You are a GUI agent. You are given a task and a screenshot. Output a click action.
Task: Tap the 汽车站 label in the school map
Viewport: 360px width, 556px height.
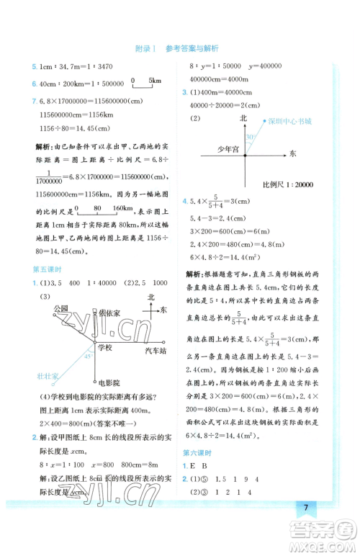(x=156, y=350)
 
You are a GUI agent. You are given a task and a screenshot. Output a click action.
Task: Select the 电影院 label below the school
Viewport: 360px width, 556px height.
(x=109, y=382)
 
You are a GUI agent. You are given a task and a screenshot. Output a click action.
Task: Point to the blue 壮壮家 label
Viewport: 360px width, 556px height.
(x=48, y=375)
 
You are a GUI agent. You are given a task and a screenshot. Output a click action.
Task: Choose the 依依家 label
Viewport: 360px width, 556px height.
(x=109, y=313)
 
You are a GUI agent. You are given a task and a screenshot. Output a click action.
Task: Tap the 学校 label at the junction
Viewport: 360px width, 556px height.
(x=105, y=348)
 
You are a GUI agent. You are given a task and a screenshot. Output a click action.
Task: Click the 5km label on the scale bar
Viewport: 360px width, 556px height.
(x=154, y=81)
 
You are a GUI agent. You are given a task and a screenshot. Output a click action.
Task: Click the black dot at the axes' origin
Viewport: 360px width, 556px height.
(x=244, y=154)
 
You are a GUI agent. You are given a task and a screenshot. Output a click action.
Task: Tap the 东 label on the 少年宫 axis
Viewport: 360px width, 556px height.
(x=292, y=153)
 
